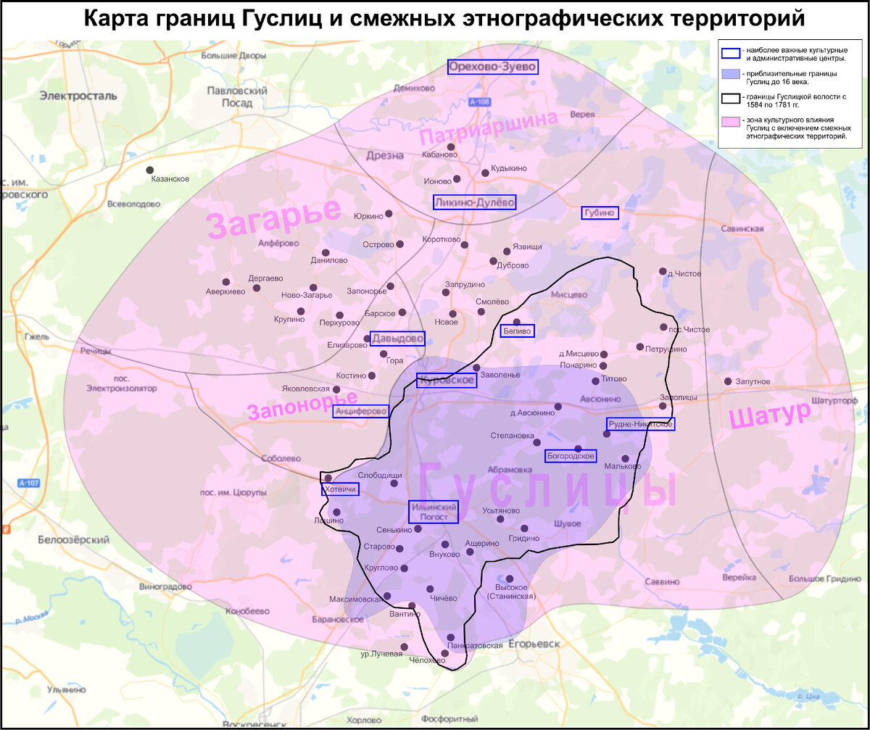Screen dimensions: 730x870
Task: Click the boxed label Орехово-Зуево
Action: (x=493, y=67)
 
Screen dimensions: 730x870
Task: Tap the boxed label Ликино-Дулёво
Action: (x=474, y=202)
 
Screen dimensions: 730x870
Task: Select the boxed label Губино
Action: (x=600, y=212)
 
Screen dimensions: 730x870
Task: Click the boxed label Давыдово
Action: (x=397, y=339)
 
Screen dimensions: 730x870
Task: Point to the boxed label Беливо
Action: (x=518, y=331)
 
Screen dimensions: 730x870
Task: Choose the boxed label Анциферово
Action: (x=361, y=411)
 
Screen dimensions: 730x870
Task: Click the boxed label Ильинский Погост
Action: (x=434, y=512)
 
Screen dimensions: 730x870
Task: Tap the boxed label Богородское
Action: (x=571, y=456)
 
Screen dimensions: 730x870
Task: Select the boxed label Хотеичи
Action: (x=340, y=489)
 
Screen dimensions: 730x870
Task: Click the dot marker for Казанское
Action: (x=150, y=170)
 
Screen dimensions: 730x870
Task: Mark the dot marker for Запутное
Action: (x=727, y=381)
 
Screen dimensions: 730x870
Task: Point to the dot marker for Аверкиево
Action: (x=225, y=282)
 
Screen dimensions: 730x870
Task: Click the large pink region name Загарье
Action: (x=273, y=217)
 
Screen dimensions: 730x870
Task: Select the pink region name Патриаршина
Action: (x=488, y=129)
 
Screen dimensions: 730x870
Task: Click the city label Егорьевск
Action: (x=534, y=644)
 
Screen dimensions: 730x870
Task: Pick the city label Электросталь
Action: (x=78, y=95)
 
